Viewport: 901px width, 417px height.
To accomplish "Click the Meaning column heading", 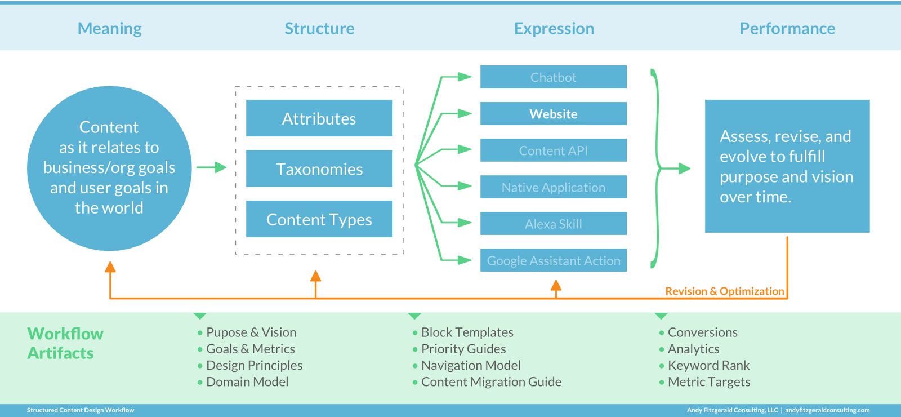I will point(109,29).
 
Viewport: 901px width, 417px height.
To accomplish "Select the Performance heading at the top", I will point(787,29).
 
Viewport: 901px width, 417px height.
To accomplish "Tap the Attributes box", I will point(319,118).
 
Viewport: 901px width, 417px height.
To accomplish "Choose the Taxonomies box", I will point(319,168).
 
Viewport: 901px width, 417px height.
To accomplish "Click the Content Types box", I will point(319,219).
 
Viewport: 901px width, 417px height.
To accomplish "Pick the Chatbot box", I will point(553,77).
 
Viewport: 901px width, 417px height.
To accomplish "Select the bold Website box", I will point(553,114).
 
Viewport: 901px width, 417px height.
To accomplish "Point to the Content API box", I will point(553,150).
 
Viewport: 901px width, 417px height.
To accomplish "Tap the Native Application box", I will point(553,187).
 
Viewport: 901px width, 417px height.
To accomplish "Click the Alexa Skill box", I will point(553,224).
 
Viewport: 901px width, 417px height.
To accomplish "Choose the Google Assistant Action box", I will point(553,260).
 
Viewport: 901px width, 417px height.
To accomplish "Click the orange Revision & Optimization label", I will point(724,291).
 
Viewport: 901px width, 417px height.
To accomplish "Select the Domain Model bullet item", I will point(247,382).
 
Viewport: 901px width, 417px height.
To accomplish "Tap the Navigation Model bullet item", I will point(471,366).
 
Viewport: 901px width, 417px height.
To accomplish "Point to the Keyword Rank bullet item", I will point(708,366).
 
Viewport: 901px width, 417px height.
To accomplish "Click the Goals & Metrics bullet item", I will point(251,349).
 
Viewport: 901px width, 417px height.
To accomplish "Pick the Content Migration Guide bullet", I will point(491,382).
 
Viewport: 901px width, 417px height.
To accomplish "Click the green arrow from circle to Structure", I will point(212,167).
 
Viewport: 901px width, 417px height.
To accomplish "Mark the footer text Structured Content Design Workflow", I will point(81,410).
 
